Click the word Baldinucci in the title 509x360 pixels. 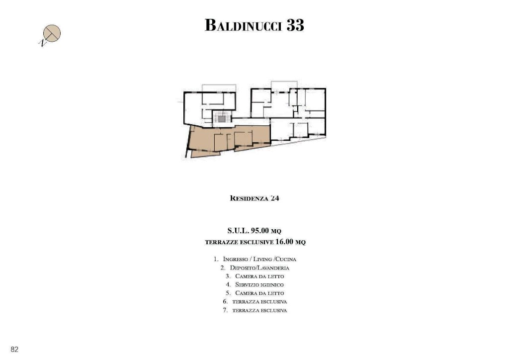click(243, 25)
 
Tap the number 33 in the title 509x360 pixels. click(295, 25)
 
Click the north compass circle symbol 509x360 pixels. click(52, 33)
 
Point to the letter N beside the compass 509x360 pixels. click(42, 43)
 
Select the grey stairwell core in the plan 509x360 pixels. click(222, 119)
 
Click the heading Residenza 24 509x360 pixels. click(254, 198)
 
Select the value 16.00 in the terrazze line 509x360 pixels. click(284, 242)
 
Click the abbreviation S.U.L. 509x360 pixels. click(238, 231)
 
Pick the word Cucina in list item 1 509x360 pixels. click(286, 259)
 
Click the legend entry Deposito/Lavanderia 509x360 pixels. click(259, 268)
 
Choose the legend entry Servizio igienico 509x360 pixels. click(259, 285)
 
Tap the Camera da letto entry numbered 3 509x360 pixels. click(259, 276)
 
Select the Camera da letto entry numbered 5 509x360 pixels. click(259, 293)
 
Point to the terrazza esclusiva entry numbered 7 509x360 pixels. click(259, 310)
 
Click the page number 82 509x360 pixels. click(14, 349)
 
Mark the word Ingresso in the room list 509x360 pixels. click(235, 259)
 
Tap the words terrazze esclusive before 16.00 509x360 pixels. click(239, 242)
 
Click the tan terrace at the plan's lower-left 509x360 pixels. click(204, 153)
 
